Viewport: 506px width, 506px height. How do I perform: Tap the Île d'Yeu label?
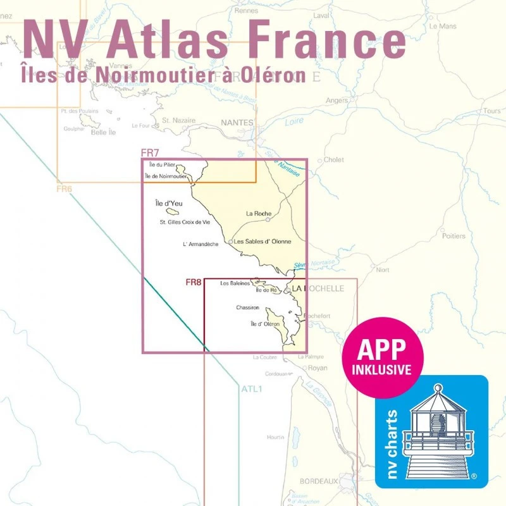168,204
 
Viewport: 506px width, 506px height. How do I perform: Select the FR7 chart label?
149,153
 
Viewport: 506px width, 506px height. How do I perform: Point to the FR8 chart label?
194,282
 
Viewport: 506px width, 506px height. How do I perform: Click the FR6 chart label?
65,188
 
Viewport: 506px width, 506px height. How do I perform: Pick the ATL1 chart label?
251,388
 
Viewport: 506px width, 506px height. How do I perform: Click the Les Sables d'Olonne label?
262,242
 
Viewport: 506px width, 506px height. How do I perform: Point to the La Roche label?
259,213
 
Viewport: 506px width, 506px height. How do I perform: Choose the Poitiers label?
454,236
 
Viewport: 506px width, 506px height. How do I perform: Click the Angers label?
337,100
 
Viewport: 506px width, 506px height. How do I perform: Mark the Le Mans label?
443,27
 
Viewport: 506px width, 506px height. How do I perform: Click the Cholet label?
334,160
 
